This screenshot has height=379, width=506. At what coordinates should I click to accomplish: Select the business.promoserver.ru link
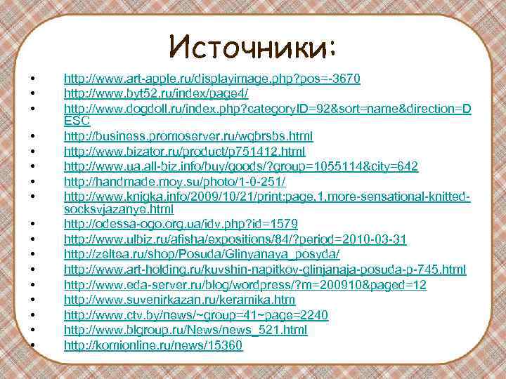click(188, 135)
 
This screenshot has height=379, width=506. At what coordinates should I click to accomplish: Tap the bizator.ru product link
click(184, 151)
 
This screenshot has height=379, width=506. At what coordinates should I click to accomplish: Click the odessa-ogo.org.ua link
click(181, 224)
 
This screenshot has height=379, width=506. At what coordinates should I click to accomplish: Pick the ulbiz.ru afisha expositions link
click(235, 239)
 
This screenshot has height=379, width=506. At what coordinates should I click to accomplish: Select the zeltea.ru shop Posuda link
click(202, 254)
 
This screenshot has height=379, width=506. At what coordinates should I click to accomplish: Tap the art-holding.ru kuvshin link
click(265, 270)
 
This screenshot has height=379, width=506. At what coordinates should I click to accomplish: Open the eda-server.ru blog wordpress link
click(245, 284)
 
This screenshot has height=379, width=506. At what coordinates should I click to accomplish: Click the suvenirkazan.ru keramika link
click(179, 300)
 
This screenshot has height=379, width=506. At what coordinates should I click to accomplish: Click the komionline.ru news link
click(153, 345)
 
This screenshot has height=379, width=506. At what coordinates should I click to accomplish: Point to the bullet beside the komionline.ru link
click(33, 345)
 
